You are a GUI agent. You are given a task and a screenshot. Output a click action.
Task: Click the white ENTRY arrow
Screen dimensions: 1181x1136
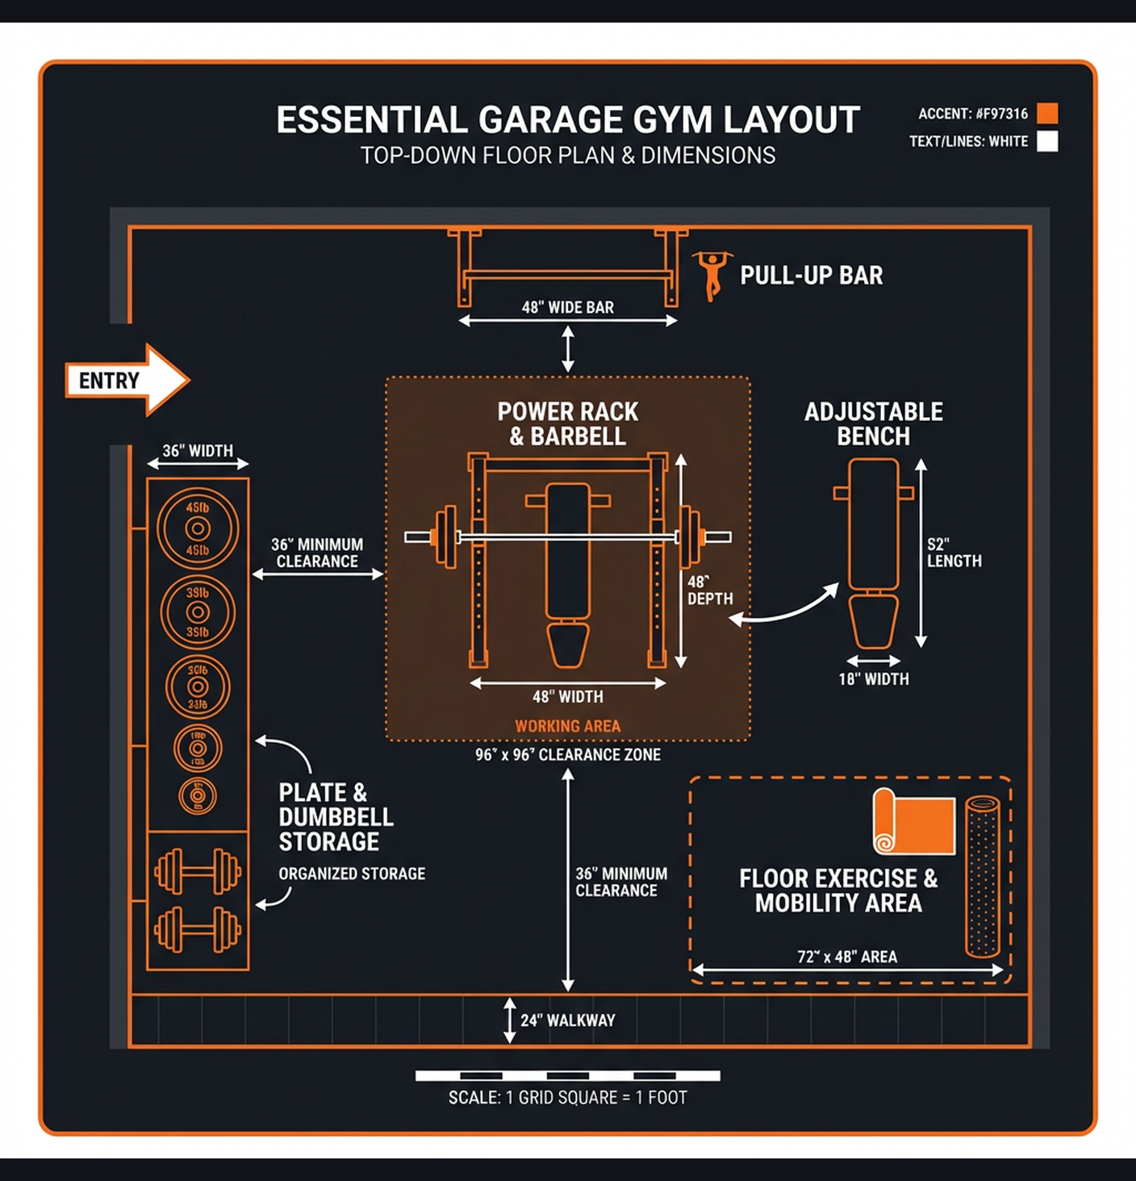127,380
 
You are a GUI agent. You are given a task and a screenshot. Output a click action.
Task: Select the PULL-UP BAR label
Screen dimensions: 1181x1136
811,276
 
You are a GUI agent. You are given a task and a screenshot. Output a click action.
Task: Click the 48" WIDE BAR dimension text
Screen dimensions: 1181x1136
567,307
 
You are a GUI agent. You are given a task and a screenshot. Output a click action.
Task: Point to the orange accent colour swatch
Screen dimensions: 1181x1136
1047,113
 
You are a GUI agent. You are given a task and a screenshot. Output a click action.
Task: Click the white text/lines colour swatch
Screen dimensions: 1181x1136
1047,141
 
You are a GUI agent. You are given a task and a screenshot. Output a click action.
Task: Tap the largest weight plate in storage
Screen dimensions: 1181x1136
198,529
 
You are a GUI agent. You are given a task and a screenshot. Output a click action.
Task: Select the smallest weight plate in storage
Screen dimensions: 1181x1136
198,796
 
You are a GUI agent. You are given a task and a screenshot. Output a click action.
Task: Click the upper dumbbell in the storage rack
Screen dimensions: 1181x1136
198,871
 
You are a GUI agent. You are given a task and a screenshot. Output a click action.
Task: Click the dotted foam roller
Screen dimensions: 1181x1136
982,876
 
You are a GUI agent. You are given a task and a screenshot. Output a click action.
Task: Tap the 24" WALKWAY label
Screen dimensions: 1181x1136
567,1020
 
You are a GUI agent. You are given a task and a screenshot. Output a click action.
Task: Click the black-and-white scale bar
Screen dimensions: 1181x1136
567,1075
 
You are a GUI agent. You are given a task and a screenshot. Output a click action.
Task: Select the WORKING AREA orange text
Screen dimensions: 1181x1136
567,726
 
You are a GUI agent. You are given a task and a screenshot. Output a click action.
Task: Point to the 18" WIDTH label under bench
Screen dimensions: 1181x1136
873,679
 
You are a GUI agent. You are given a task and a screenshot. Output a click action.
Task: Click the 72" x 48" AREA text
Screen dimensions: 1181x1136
847,957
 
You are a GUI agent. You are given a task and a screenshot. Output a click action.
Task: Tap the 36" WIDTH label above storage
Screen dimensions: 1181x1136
198,451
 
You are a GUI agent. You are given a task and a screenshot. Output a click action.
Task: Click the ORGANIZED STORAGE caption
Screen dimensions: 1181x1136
352,874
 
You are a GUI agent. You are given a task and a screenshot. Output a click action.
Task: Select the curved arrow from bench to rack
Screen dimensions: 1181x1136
787,609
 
